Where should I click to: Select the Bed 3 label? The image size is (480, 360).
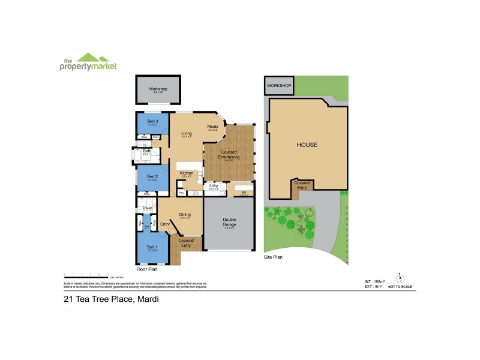coord(152,122)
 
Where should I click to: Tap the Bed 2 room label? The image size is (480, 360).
coord(152,176)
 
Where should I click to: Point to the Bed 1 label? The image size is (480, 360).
coord(152,247)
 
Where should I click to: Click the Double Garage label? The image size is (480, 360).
coord(229,221)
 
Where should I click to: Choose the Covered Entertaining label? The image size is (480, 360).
coord(229,154)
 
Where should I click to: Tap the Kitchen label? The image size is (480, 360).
coord(187,173)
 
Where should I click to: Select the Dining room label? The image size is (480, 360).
coord(185,214)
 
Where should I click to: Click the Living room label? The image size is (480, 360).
coord(187,134)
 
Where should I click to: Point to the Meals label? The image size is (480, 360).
coord(212,127)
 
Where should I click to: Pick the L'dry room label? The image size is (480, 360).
coord(212,186)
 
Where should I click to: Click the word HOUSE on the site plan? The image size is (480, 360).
coord(307,145)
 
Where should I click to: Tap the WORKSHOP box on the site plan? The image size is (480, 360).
coord(278,86)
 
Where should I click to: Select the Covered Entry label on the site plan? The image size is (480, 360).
coord(302,184)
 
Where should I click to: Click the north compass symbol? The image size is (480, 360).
coord(399,277)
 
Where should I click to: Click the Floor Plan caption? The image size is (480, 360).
coord(146,269)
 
